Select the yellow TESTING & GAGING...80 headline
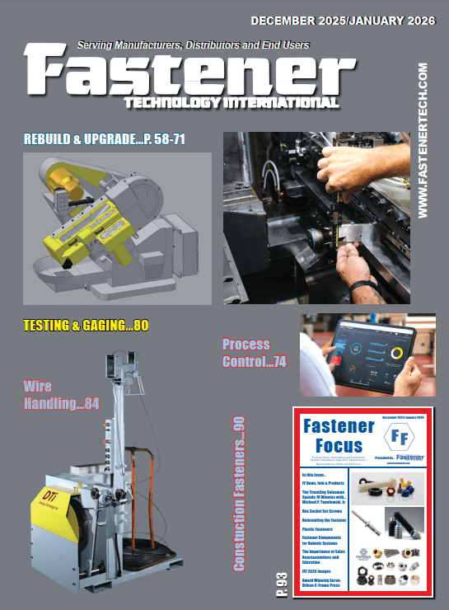pyautogui.click(x=86, y=326)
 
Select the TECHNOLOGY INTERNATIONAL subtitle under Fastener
pyautogui.click(x=230, y=102)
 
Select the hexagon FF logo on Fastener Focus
pyautogui.click(x=398, y=436)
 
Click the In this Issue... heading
pyautogui.click(x=317, y=476)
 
